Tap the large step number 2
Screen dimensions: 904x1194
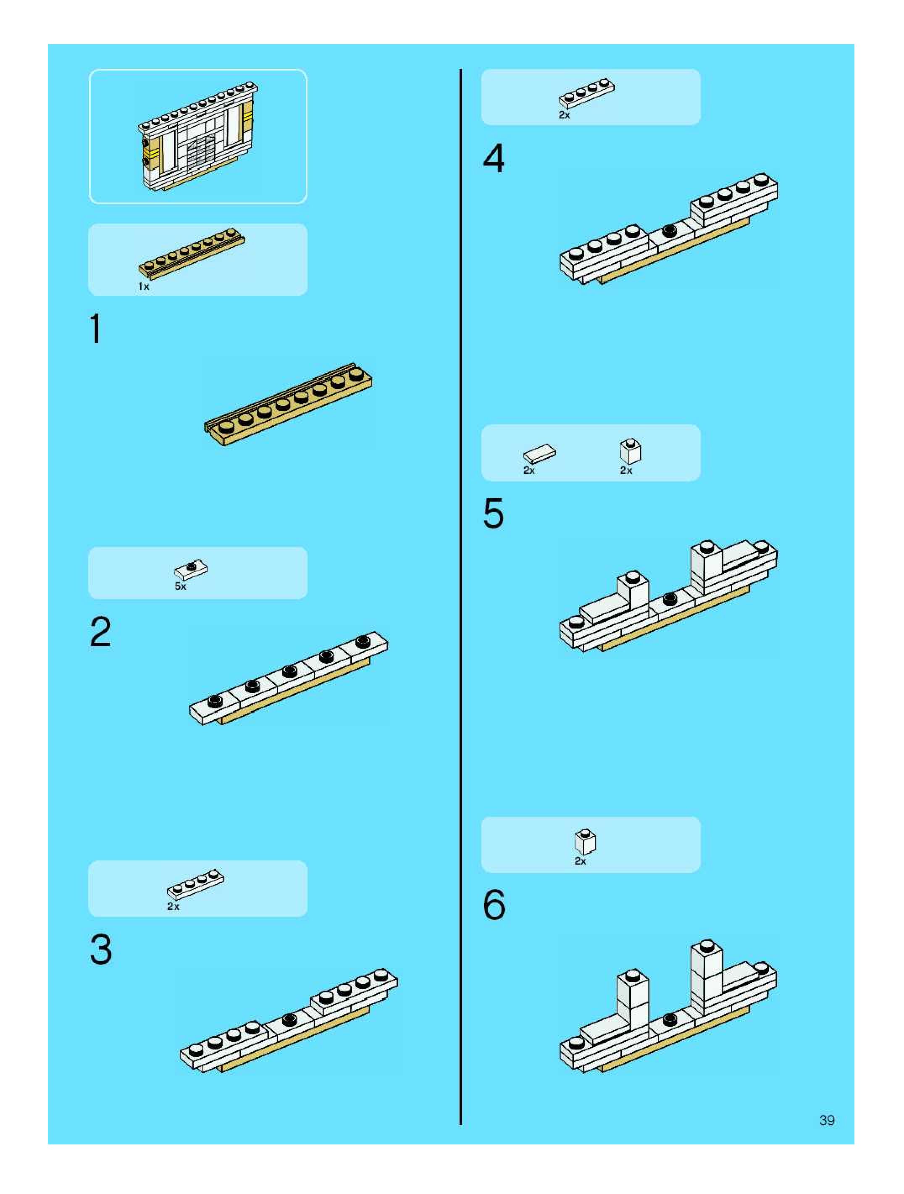tap(100, 631)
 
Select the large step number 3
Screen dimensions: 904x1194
tap(101, 949)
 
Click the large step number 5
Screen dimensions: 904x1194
tap(493, 513)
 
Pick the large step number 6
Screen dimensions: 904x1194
tap(494, 905)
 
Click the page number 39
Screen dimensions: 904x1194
tap(827, 1120)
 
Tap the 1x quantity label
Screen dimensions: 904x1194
tap(144, 287)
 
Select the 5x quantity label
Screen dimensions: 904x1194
tap(180, 586)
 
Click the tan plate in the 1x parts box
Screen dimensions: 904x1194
tap(192, 253)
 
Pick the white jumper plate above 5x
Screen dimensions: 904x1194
tap(191, 569)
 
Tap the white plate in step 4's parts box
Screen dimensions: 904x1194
tap(586, 94)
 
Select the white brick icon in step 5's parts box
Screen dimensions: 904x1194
tap(631, 451)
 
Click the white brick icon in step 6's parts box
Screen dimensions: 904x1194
tap(585, 842)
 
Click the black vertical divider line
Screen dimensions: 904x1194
tap(461, 594)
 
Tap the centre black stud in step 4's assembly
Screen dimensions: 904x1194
tap(669, 231)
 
